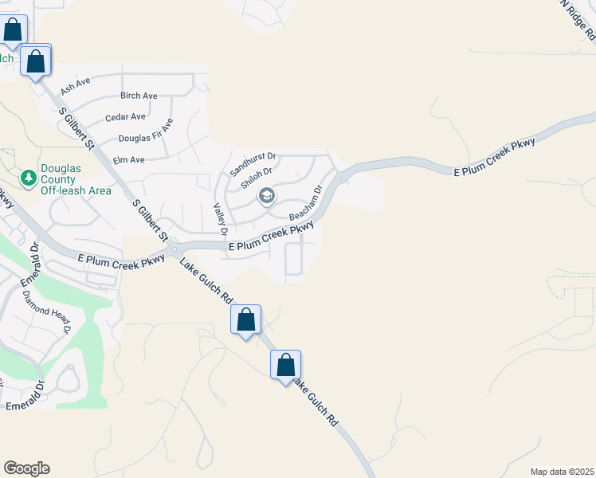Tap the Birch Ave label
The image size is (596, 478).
pyautogui.click(x=139, y=96)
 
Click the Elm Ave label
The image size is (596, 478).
pyautogui.click(x=129, y=160)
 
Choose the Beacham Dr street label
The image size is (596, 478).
pyautogui.click(x=305, y=204)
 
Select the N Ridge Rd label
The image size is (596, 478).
pyautogui.click(x=577, y=19)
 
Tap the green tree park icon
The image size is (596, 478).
pyautogui.click(x=27, y=176)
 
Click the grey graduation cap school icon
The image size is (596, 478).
pyautogui.click(x=266, y=195)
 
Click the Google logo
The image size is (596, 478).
pyautogui.click(x=26, y=468)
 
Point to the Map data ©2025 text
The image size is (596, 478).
pyautogui.click(x=563, y=472)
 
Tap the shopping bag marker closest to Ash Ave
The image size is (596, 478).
pyautogui.click(x=36, y=61)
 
